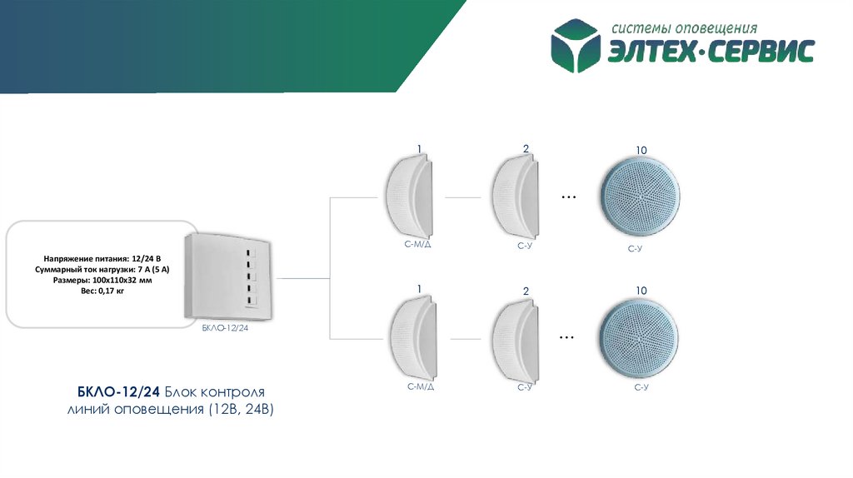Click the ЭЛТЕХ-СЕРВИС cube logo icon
coord(576,45)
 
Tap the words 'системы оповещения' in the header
coord(684,29)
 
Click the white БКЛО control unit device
coord(228,276)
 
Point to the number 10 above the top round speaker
coord(640,150)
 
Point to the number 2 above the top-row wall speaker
coord(526,149)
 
